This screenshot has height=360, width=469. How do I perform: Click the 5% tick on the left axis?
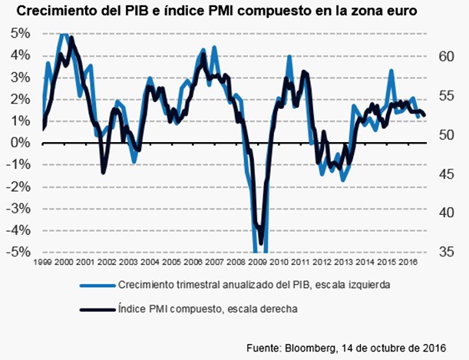coord(20,34)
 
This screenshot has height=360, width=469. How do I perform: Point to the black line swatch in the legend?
coord(97,309)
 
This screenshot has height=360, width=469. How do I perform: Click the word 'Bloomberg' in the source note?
coord(308,348)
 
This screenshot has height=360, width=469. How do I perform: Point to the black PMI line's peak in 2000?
coord(71,37)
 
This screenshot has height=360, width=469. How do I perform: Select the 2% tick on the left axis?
coord(20,99)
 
